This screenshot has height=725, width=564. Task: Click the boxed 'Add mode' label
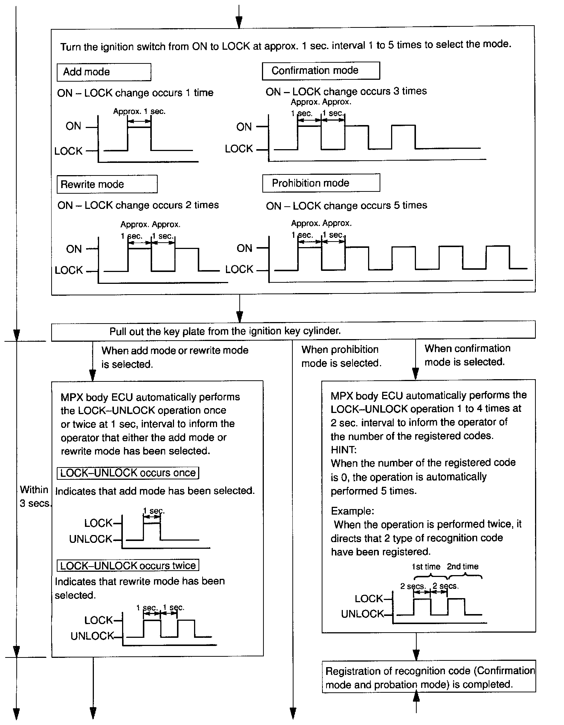[x=104, y=72]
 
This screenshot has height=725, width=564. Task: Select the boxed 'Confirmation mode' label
[x=321, y=70]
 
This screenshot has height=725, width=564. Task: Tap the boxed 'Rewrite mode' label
[x=107, y=184]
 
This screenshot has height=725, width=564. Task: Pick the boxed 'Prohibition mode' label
[x=321, y=183]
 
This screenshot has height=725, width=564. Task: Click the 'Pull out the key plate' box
[x=293, y=330]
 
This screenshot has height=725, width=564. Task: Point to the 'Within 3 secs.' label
[x=34, y=496]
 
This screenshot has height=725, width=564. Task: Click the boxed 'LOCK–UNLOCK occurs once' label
[x=128, y=473]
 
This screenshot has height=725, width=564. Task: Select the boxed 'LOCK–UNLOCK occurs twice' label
[x=128, y=565]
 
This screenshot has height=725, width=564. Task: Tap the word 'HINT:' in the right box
[x=344, y=450]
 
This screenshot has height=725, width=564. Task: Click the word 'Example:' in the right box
[x=352, y=511]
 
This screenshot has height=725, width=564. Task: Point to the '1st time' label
[x=426, y=567]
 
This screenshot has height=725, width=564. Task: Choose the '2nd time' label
[x=462, y=567]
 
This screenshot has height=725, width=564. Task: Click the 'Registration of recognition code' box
[x=429, y=678]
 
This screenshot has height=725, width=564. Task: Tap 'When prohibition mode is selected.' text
[x=341, y=356]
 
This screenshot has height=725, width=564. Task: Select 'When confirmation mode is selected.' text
[x=467, y=355]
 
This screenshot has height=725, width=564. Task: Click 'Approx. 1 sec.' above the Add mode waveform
[x=139, y=111]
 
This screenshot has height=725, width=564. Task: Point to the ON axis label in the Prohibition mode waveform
[x=244, y=248]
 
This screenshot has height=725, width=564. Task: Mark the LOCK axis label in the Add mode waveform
[x=68, y=151]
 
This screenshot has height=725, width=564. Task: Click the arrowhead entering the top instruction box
[x=239, y=23]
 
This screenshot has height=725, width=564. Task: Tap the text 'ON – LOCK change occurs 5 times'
[x=346, y=206]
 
